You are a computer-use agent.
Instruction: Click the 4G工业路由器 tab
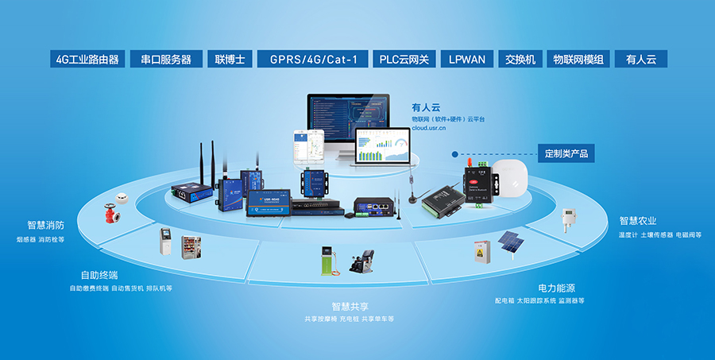click(x=87, y=60)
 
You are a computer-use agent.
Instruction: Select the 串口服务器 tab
click(x=166, y=60)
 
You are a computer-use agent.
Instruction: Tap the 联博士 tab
click(x=228, y=60)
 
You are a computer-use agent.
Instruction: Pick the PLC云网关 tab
click(x=404, y=60)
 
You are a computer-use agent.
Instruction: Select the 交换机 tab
click(x=520, y=60)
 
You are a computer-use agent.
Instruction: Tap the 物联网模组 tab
click(x=578, y=60)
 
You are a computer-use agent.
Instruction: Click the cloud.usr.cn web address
click(x=428, y=127)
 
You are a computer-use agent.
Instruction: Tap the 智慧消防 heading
click(x=45, y=225)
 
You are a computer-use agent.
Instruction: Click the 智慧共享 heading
click(x=350, y=306)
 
